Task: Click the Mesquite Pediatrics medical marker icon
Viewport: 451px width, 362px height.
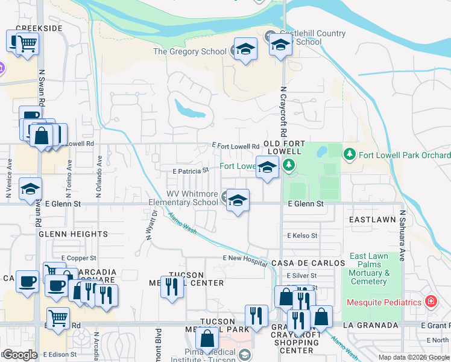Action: [x=431, y=301]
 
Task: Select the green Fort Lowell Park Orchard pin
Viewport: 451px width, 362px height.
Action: [x=349, y=155]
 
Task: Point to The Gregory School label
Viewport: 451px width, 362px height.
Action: [x=189, y=52]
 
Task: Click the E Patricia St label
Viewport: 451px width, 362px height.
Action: [x=190, y=171]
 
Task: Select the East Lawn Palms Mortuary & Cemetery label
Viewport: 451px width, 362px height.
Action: [x=369, y=268]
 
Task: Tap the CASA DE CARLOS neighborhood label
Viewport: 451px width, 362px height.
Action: [x=307, y=264]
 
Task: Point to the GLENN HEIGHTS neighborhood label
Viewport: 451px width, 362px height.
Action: [x=73, y=234]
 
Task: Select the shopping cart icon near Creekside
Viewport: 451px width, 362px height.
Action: [x=27, y=43]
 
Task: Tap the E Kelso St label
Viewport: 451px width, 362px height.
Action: [x=303, y=235]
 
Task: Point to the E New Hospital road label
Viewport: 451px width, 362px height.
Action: [x=244, y=258]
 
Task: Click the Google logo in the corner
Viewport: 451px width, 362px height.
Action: [x=20, y=355]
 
